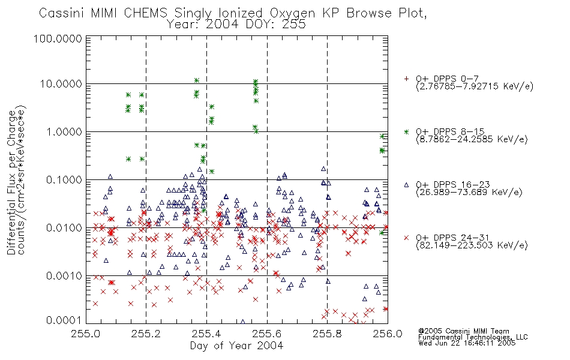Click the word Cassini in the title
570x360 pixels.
point(62,13)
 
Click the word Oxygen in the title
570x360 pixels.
point(293,14)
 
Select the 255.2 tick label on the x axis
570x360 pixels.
point(146,334)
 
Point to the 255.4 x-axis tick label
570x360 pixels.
point(206,334)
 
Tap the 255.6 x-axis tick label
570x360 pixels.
point(267,334)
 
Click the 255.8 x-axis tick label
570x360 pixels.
point(327,334)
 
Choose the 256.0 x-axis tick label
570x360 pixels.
point(388,334)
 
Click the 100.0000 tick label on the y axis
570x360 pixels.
point(58,38)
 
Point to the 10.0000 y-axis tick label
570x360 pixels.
point(61,84)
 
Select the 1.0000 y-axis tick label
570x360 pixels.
point(64,132)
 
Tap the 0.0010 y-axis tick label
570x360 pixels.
point(64,276)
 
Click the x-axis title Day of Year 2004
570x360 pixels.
point(236,346)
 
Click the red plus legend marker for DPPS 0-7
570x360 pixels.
point(406,79)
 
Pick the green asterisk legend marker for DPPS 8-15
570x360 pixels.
point(406,131)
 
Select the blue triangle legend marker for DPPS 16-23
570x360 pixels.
point(406,185)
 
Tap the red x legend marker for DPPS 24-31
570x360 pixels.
point(406,238)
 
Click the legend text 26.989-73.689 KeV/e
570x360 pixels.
point(469,193)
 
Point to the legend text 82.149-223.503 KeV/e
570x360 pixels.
point(472,245)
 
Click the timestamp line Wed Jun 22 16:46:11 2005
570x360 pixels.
point(467,343)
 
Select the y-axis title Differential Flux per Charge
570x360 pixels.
point(11,182)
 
